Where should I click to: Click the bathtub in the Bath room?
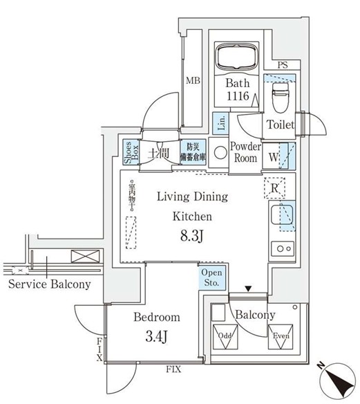coord(237,57)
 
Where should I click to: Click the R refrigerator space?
coord(274,187)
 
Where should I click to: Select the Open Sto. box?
coord(211,277)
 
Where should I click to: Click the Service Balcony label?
coord(49,285)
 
